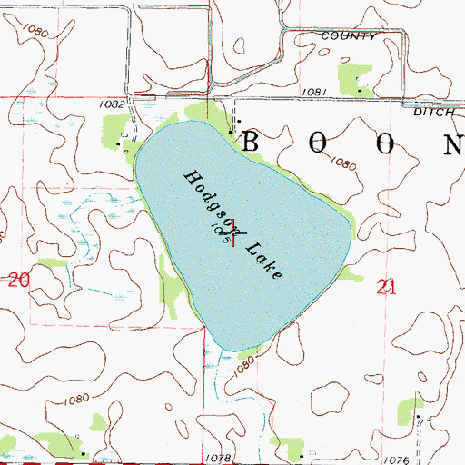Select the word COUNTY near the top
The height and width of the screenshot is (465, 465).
point(348,36)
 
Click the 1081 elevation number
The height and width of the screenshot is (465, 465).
point(314,91)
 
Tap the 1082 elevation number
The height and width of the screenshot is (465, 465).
point(113,104)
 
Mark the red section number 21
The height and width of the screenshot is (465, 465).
point(386,288)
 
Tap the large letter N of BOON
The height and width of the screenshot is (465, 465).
point(451,143)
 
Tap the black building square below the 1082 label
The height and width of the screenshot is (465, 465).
point(120,142)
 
